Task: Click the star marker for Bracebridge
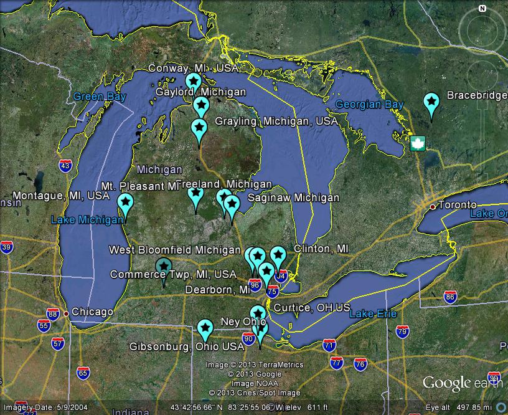click(x=431, y=102)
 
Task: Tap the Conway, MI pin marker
click(x=194, y=81)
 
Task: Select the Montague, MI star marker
click(x=125, y=202)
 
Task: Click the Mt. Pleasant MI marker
click(x=195, y=194)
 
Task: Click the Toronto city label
click(x=457, y=205)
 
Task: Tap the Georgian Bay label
click(x=369, y=105)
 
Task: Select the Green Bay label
click(x=100, y=97)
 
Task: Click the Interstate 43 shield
click(x=65, y=166)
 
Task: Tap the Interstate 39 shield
click(x=7, y=247)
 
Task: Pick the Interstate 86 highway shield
click(x=450, y=297)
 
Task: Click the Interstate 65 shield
click(x=83, y=373)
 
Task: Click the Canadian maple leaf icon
click(x=416, y=143)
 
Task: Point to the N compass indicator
click(x=482, y=9)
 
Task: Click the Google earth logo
click(x=462, y=382)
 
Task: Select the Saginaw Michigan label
click(x=293, y=198)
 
